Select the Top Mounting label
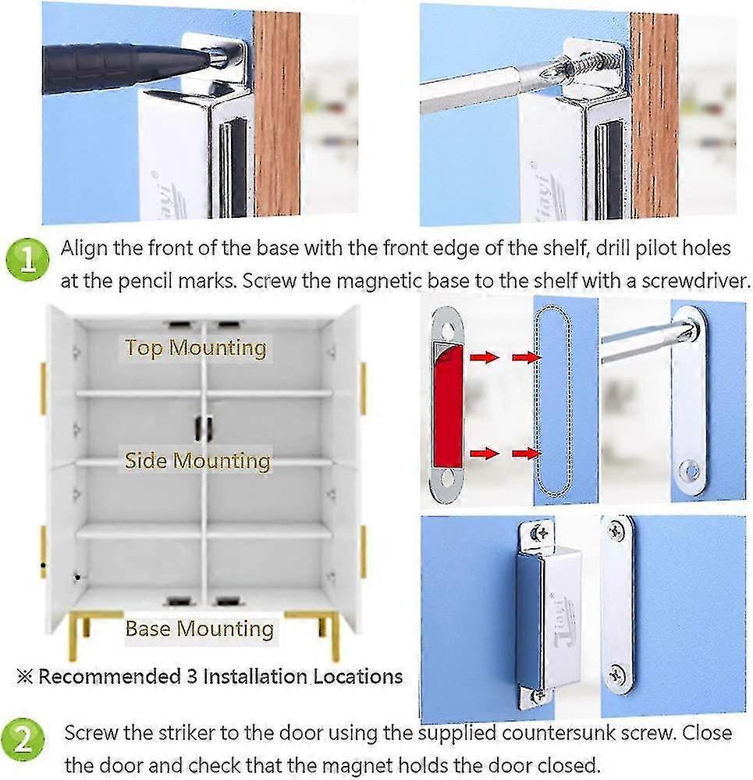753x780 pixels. (195, 347)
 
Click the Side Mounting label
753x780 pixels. (197, 461)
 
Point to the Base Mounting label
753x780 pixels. (199, 629)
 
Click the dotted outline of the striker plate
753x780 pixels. (552, 401)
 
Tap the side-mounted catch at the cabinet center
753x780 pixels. (203, 428)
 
